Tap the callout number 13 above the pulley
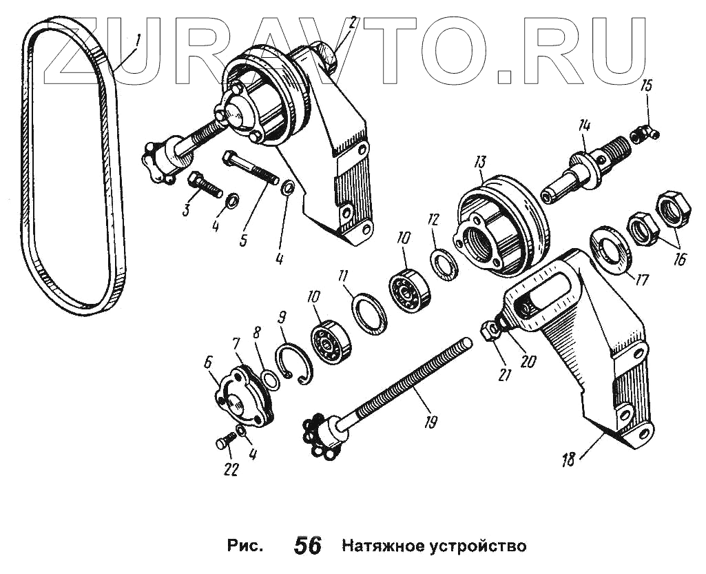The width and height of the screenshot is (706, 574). (x=479, y=163)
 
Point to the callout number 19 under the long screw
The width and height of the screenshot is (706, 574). (x=430, y=422)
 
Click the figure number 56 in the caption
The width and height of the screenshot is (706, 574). (x=307, y=546)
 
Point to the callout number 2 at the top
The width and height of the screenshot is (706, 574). (x=351, y=22)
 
